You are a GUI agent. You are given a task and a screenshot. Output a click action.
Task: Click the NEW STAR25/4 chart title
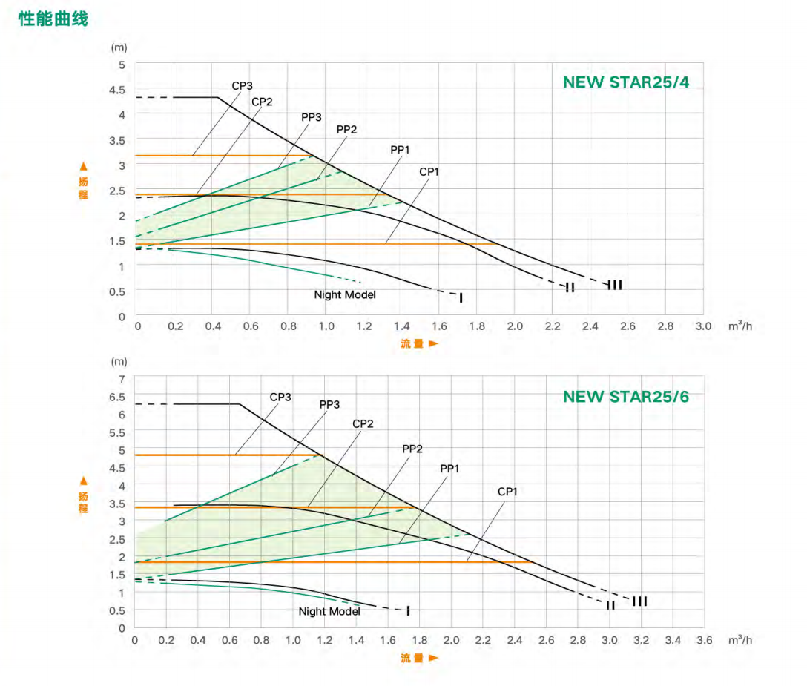point(625,82)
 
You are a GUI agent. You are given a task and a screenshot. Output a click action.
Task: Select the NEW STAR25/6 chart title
point(625,396)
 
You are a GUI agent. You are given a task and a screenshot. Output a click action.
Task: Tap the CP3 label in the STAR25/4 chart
point(242,86)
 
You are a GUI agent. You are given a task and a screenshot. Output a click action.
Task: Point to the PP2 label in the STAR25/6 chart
point(412,449)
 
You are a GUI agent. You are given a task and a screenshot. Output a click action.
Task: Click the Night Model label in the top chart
point(344,295)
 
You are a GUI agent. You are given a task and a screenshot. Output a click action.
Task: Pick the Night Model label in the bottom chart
point(329,612)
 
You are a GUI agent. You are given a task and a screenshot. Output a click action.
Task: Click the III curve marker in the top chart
point(615,285)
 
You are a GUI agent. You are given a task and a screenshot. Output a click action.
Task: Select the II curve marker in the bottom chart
point(610,606)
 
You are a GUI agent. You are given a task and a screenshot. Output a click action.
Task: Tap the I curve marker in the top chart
point(461,297)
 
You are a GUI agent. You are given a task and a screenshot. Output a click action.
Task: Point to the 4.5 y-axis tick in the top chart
point(119,90)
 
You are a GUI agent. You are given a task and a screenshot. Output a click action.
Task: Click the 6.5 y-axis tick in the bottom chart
point(117,397)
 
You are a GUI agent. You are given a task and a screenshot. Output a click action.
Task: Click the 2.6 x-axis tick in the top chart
point(628,326)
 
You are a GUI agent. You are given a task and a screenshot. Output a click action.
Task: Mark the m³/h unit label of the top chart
point(740,326)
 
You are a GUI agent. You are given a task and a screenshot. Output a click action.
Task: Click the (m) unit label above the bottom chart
point(119,362)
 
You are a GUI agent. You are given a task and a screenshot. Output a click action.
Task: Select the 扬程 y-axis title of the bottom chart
point(83,496)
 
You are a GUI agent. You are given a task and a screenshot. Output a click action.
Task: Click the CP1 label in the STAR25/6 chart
point(507,492)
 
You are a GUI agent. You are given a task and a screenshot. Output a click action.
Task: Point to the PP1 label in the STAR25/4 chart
point(400,150)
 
